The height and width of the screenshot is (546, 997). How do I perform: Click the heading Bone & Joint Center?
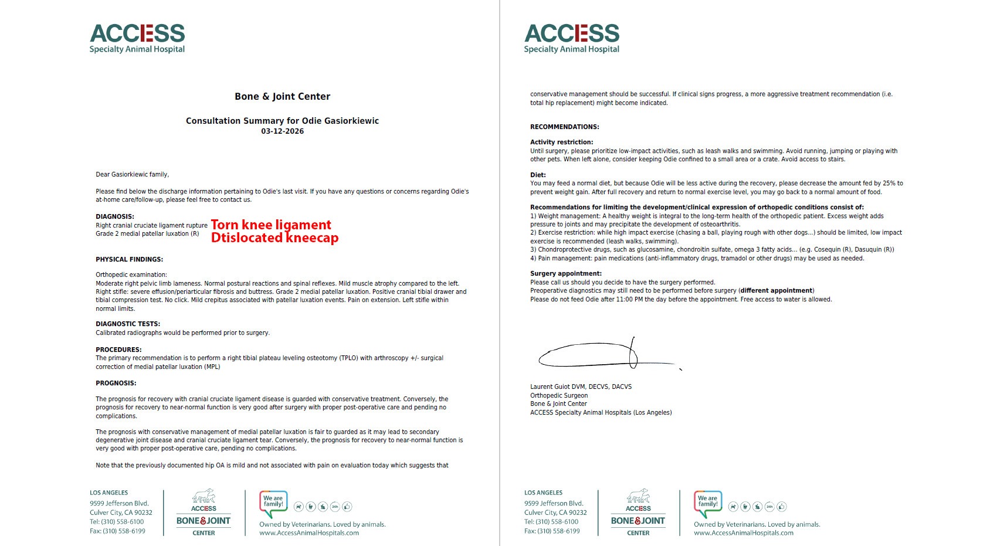coord(282,97)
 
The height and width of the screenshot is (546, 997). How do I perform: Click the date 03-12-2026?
coord(282,131)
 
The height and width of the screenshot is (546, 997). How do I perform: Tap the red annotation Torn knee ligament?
coord(271,225)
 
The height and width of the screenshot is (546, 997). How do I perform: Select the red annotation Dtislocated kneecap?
coord(274,238)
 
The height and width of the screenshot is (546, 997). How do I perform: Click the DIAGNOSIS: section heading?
coord(115,217)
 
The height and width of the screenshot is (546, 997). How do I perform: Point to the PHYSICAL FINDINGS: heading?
coord(130,259)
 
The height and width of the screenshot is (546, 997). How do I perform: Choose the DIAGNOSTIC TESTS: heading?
coord(128,324)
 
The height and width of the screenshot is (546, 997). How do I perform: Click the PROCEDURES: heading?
coord(118,350)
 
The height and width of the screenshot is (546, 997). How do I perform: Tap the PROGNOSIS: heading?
coord(116,383)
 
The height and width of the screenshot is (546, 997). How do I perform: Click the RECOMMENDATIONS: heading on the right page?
coord(565,127)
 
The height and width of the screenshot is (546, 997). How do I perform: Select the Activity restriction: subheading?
coord(561,142)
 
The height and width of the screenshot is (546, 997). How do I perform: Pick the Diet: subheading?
coord(538,175)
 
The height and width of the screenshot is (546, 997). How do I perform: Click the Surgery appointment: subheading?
coord(566,273)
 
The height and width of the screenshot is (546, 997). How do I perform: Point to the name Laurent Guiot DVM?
coord(559,387)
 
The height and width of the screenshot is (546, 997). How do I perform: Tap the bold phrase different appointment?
coord(776,291)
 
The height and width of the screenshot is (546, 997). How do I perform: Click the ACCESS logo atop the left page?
coord(137,39)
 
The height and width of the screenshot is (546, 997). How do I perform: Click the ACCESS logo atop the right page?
coord(572,39)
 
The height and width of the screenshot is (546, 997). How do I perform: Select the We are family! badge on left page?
coord(273,503)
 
